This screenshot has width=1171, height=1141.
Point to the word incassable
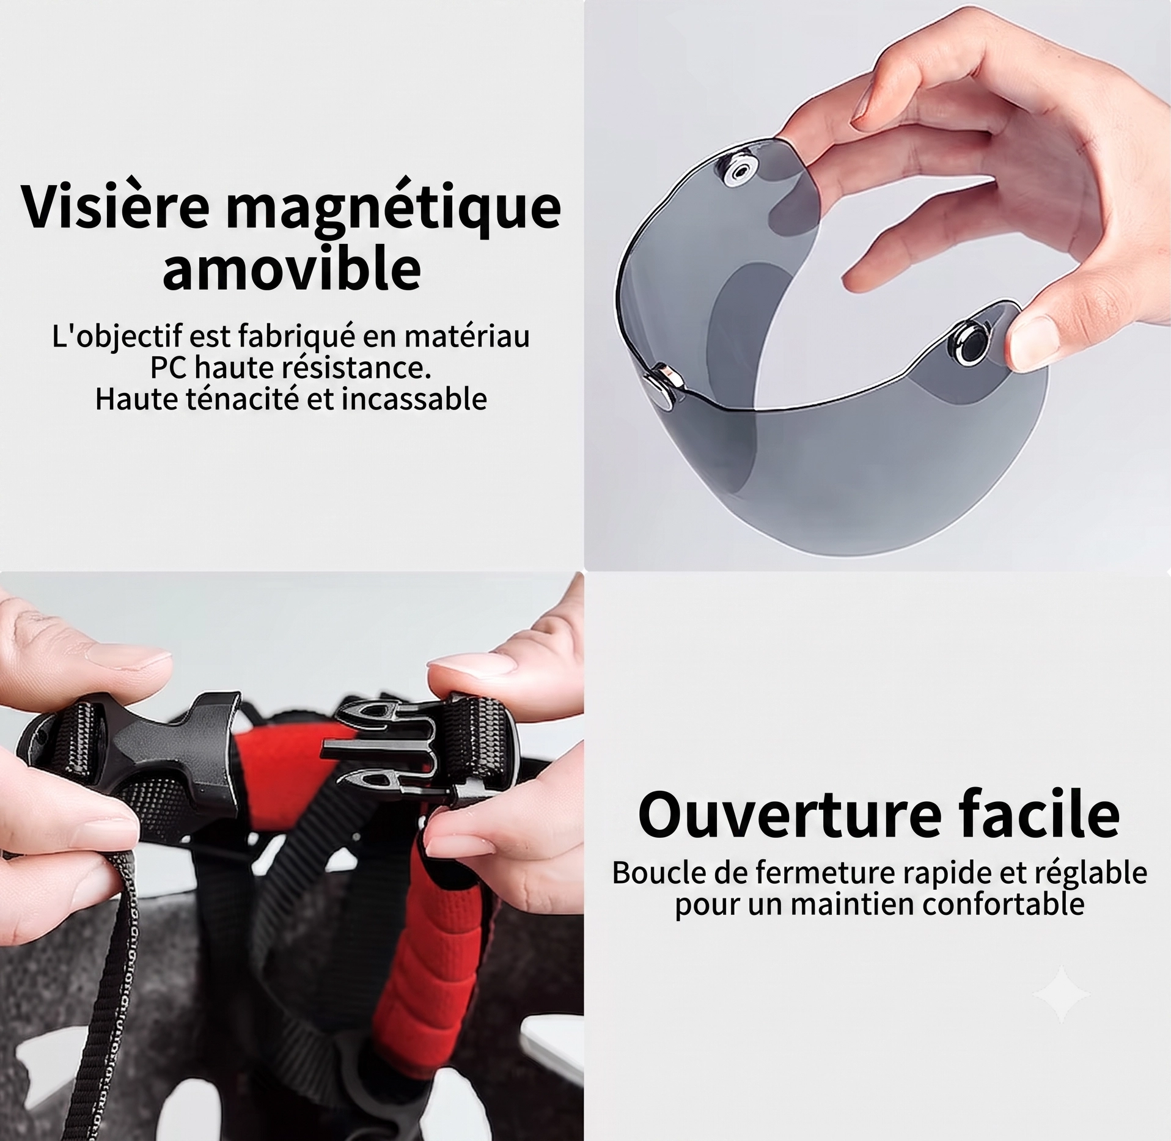416,399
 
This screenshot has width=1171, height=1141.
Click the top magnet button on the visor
742,173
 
